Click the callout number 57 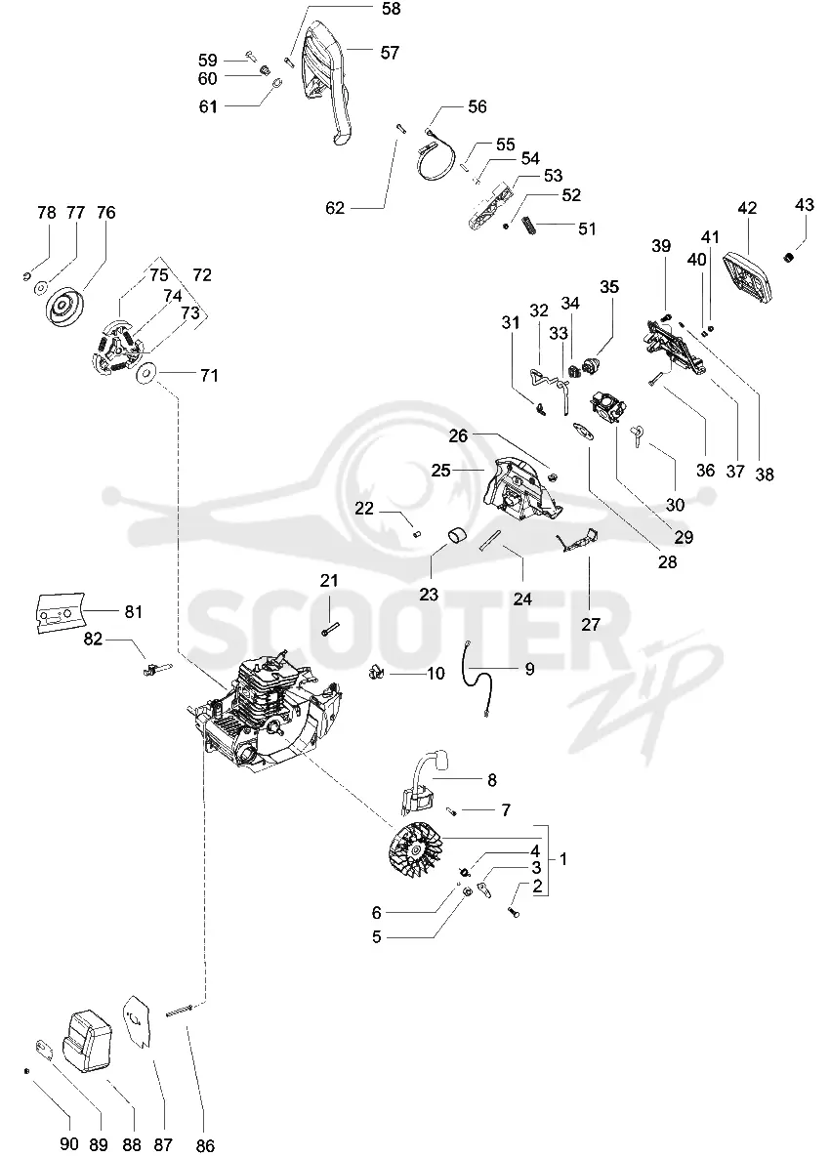coord(390,53)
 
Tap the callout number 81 coord(134,612)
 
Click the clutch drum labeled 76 coord(64,308)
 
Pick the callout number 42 coord(747,208)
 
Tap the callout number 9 coord(529,669)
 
